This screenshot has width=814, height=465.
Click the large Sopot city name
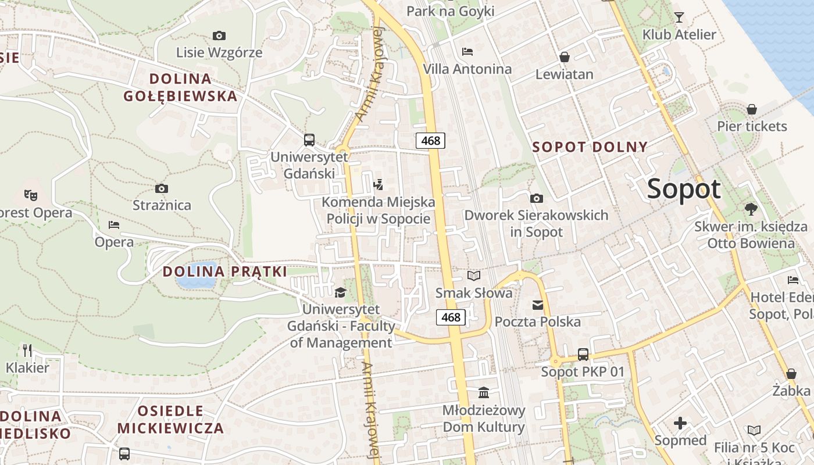[x=683, y=189]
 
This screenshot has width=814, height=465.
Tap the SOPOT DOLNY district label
[x=590, y=147]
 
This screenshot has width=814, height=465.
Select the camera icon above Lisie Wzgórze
[x=219, y=35]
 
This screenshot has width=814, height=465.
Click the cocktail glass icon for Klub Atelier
[x=679, y=17]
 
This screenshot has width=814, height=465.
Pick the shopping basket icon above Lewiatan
[x=564, y=56]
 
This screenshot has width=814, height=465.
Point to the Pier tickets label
[x=752, y=126]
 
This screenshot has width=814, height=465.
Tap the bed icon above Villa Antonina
[x=467, y=51]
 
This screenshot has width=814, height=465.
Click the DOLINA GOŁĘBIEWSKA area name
[x=180, y=87]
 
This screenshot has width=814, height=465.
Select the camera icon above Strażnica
[x=162, y=188]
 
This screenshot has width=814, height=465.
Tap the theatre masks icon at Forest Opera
[x=30, y=194]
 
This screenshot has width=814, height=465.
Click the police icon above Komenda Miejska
[x=379, y=185]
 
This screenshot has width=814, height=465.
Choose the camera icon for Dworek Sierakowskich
[x=537, y=198]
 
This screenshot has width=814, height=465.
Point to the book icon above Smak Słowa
[x=474, y=276]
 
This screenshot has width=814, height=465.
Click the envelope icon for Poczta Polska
[x=537, y=305]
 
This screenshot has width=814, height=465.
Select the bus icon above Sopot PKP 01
[x=583, y=354]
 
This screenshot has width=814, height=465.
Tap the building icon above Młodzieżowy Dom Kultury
[x=484, y=392]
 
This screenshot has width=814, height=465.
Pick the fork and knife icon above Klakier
[x=27, y=350]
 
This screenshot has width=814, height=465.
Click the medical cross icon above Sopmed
[x=680, y=423]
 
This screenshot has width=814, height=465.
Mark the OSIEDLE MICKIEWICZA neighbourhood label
[x=170, y=420]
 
